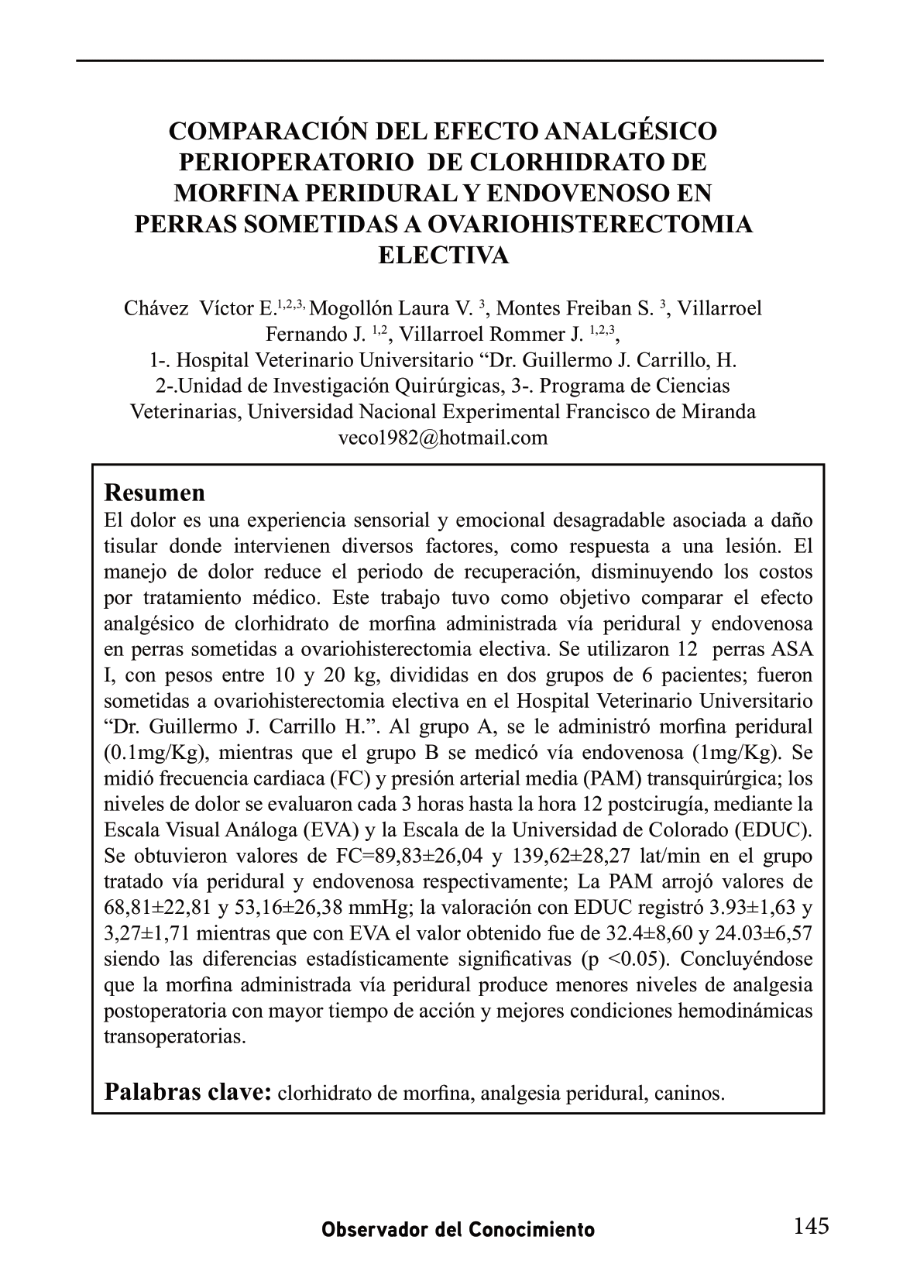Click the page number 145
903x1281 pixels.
point(811,1225)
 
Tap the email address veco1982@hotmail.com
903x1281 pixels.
point(443,438)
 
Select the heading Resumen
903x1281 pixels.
point(155,493)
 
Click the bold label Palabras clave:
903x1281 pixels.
point(187,1092)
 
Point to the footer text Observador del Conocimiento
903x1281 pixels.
point(458,1229)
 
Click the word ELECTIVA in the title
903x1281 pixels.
point(443,255)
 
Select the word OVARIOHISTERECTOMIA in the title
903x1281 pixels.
point(589,224)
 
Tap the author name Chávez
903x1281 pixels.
point(156,308)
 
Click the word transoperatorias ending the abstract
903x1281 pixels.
point(174,1036)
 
